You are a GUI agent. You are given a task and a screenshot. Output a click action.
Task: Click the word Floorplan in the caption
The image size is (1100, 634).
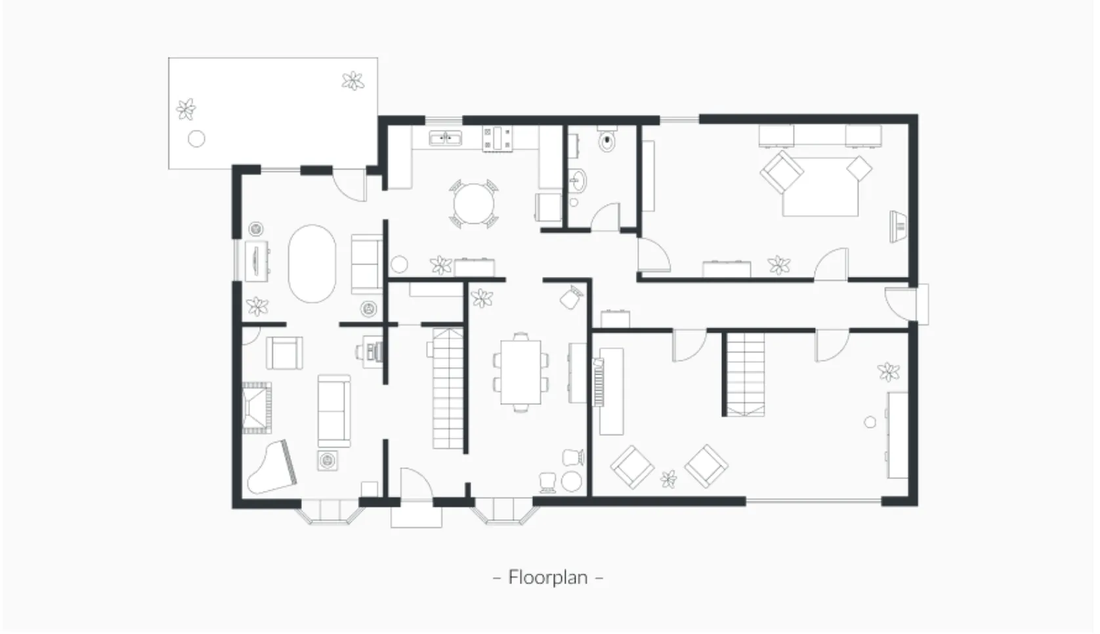[x=547, y=578]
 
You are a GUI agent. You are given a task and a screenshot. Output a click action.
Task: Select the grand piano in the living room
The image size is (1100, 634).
[x=272, y=467]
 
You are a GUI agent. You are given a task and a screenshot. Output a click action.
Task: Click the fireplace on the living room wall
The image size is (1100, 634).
[x=257, y=408]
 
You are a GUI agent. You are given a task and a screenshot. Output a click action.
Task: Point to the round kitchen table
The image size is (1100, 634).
[x=473, y=204]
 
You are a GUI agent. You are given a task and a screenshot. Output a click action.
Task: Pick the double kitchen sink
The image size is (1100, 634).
[x=445, y=138]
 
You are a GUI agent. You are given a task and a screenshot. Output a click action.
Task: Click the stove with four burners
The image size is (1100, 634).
[x=497, y=138]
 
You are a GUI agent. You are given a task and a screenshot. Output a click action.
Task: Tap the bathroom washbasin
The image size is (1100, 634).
[x=578, y=181]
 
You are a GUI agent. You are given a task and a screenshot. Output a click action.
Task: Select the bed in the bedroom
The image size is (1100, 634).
[x=820, y=186]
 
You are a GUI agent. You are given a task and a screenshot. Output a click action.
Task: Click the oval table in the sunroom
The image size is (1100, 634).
[x=312, y=264]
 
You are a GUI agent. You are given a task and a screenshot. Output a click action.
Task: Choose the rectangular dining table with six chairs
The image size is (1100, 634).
[x=520, y=372]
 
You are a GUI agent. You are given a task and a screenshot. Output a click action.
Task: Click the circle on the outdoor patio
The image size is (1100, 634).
[x=196, y=139]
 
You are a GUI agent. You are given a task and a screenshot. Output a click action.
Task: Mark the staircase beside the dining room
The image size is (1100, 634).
[x=448, y=389]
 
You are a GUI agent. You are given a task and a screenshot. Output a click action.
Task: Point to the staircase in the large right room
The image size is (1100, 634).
[x=746, y=374]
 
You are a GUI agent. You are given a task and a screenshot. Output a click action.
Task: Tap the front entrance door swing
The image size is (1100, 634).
[x=416, y=484]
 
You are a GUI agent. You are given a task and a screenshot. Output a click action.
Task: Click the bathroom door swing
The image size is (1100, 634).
[x=606, y=217]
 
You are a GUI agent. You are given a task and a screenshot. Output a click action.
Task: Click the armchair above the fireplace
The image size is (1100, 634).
[x=284, y=353]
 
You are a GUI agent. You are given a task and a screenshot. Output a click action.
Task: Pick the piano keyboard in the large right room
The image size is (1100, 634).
[x=598, y=382]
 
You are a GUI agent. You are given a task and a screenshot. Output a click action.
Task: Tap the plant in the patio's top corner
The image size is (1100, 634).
[x=353, y=81]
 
